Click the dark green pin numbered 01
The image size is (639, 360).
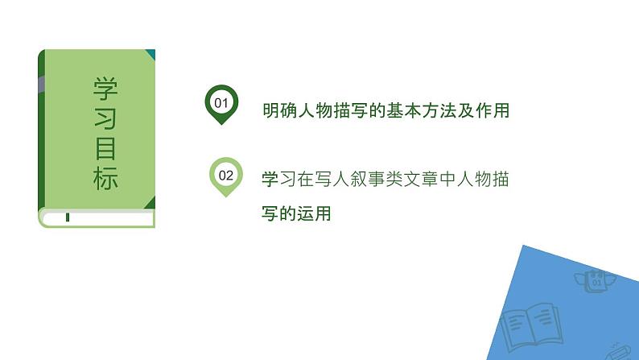point(221,103)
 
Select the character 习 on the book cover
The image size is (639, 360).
point(105,118)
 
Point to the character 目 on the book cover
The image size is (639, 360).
point(105,149)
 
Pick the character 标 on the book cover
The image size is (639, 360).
point(105,179)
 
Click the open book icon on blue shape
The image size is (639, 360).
point(528,326)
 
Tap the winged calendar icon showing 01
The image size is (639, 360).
point(596,282)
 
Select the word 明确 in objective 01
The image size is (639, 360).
point(277,111)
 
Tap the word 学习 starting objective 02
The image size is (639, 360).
point(277,180)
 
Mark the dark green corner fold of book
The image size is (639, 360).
point(150,55)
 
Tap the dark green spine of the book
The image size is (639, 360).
point(40,129)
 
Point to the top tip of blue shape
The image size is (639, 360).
point(523,246)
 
